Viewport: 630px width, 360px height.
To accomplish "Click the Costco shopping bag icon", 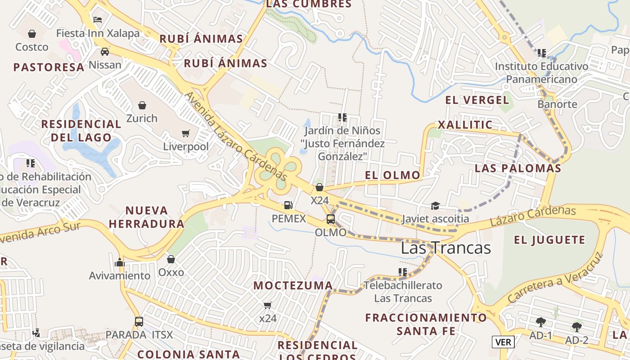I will tap(32, 34).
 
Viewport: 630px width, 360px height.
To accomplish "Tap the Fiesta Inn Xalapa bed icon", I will tap(98, 19).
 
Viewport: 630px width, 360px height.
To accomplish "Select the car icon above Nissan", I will tap(105, 51).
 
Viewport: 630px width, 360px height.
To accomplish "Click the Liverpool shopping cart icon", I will tap(186, 133).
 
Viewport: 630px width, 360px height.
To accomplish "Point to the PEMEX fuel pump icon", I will tap(288, 205).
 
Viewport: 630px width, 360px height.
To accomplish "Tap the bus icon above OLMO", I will tap(331, 219).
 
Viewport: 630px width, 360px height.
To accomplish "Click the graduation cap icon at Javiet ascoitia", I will tap(435, 206).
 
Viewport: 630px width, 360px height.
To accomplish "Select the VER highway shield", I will tap(503, 342).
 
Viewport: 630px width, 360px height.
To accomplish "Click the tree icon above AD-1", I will tap(540, 322).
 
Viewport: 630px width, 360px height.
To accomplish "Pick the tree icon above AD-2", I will tap(577, 327).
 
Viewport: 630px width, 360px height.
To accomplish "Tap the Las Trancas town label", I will tap(445, 248).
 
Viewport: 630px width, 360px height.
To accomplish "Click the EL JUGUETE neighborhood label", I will tap(549, 240).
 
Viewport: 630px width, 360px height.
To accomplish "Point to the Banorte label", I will tap(557, 104).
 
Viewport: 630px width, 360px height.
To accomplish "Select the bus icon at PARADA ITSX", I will tap(139, 322).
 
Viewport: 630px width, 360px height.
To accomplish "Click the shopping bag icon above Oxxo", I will tap(171, 259).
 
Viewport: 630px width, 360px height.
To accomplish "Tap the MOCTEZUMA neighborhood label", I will tap(293, 285).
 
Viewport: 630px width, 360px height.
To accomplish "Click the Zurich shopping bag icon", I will tap(142, 105).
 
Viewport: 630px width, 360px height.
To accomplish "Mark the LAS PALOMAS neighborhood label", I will tap(518, 168).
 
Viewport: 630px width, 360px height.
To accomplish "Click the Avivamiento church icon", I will tap(119, 262).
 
